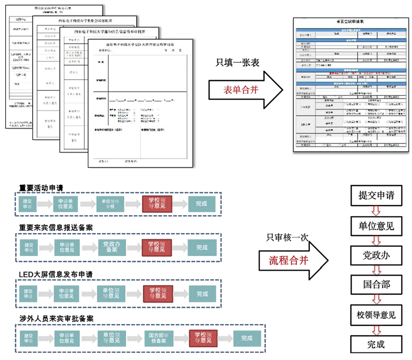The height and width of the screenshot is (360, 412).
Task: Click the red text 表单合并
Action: click(x=242, y=90)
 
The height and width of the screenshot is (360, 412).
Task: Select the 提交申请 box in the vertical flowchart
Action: click(x=376, y=195)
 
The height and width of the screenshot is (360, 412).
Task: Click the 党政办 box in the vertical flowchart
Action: click(x=376, y=255)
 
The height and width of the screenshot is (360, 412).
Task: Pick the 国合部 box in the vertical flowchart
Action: click(x=376, y=285)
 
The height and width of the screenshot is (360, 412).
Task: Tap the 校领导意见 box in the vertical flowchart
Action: click(x=376, y=315)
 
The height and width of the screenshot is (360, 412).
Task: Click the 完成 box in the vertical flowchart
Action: click(x=376, y=344)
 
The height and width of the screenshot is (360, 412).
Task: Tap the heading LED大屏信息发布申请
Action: click(x=56, y=274)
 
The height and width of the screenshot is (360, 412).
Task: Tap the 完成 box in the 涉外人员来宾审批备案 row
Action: click(x=246, y=338)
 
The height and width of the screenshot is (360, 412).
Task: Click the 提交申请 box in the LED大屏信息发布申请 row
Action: click(x=28, y=294)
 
